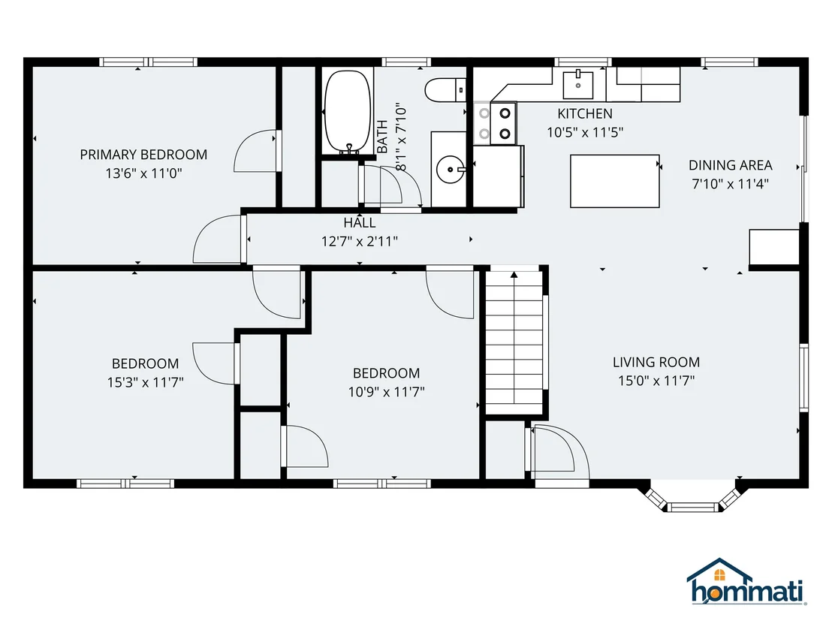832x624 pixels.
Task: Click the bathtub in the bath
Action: [x=348, y=112]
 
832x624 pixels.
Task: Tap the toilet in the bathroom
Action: [x=445, y=89]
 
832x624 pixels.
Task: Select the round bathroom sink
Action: [x=451, y=169]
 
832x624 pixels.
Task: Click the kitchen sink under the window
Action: [x=578, y=85]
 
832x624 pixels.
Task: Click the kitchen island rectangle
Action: [x=614, y=181]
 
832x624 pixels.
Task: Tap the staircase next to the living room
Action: [x=514, y=342]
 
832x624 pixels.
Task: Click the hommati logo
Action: [x=746, y=581]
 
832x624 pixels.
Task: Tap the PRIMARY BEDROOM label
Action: [x=143, y=155]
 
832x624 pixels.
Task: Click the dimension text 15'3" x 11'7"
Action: [x=146, y=382]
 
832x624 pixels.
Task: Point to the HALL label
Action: [x=359, y=223]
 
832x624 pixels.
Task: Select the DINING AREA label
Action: [x=730, y=165]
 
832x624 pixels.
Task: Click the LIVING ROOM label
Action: [x=656, y=362]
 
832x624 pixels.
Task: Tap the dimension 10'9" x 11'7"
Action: [x=386, y=391]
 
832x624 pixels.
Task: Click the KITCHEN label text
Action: [x=585, y=113]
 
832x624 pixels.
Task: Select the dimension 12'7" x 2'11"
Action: [x=359, y=242]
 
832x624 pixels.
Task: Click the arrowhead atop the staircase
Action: [x=514, y=274]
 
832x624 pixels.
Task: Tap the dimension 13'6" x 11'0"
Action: [x=143, y=173]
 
